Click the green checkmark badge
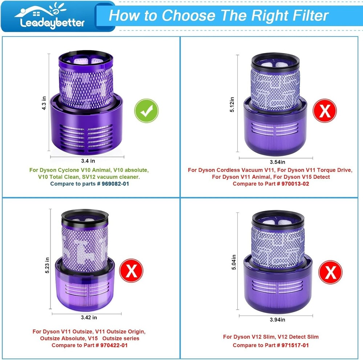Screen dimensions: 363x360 point(146,111)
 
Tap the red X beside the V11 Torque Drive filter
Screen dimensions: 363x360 point(325,111)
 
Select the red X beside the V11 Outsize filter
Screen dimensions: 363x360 point(131,270)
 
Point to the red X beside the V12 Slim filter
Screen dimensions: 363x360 point(330,272)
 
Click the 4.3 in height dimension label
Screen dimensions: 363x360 point(44,103)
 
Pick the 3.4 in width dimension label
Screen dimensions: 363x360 point(88,161)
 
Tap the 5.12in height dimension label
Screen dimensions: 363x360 point(232,104)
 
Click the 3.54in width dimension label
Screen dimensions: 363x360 point(277,162)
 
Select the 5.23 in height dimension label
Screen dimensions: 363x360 point(47,265)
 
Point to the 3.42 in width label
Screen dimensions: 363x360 point(89,318)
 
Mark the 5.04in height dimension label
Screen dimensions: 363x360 point(234,262)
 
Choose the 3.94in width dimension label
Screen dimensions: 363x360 point(277,320)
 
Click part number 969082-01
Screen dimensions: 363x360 point(115,184)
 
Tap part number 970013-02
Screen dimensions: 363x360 point(295,184)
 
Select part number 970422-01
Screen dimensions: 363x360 point(114,345)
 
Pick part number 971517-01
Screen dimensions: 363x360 point(295,345)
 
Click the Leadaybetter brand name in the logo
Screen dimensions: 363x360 point(52,23)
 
